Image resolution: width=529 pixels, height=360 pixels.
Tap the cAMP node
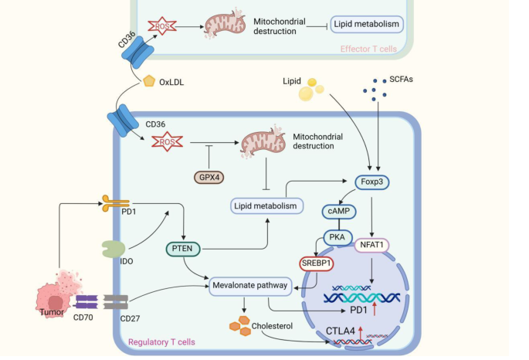337,209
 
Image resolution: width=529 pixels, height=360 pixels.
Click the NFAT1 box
373,246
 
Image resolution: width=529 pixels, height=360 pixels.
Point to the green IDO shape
113,250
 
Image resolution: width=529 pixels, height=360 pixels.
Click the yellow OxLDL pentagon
150,80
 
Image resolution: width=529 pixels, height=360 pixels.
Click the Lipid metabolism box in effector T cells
368,25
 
